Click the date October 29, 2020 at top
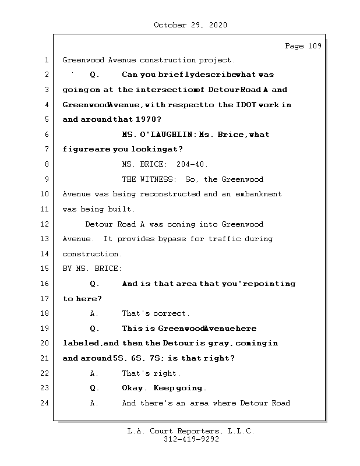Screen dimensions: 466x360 [x=190, y=25]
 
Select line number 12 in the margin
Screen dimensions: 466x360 [x=45, y=224]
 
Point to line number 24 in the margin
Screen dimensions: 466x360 [x=45, y=403]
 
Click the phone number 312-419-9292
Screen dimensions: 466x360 [x=191, y=440]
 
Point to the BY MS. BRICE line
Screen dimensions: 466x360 [x=92, y=269]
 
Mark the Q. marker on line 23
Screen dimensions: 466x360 [x=94, y=388]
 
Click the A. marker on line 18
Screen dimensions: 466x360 [x=94, y=313]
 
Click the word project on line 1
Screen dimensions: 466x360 [x=216, y=60]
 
